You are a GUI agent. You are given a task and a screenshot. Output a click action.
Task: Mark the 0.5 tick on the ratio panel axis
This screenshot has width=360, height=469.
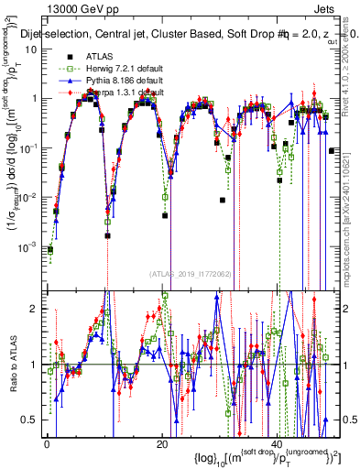[x=33, y=420]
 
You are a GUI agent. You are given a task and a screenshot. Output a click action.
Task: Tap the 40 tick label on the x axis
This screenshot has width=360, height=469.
[x=277, y=443]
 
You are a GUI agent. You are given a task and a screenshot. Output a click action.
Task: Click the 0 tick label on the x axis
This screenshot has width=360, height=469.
[x=47, y=443]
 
